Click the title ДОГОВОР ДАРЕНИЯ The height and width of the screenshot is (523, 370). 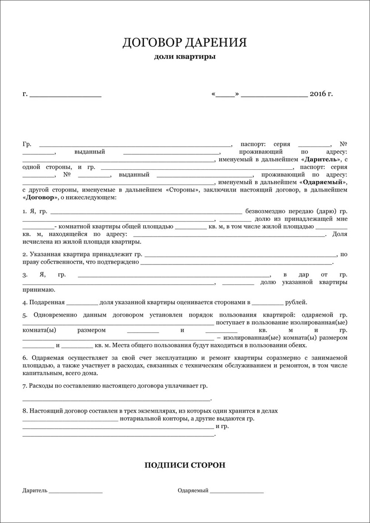pos(184,43)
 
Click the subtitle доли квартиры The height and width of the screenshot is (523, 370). pos(184,57)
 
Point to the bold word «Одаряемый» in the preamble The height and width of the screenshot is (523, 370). pos(323,182)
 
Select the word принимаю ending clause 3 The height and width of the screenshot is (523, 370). pos(39,290)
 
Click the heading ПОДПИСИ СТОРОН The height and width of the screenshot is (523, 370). pos(184,465)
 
